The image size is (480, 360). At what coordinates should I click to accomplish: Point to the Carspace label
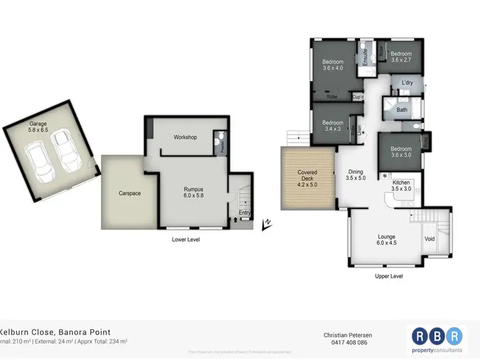point(129,193)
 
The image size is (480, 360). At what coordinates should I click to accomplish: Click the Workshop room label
point(185,137)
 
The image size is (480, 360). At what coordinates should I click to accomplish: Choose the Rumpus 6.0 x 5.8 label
point(193,192)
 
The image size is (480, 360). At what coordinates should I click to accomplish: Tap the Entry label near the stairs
point(244,213)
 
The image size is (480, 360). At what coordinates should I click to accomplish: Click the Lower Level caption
point(187,240)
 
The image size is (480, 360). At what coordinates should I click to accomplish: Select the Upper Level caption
point(388,276)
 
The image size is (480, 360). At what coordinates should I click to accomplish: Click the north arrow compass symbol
point(266,224)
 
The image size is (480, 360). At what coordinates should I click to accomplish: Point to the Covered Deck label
point(307,176)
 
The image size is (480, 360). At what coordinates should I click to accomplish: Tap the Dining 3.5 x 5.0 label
point(355,175)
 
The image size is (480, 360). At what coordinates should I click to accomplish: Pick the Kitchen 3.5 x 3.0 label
point(401,186)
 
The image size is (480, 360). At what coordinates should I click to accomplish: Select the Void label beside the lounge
point(429,239)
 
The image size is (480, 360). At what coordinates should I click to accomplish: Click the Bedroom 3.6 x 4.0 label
point(333,65)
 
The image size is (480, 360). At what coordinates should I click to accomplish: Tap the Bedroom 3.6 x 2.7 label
point(401,57)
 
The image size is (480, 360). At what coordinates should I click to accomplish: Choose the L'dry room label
point(407,84)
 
